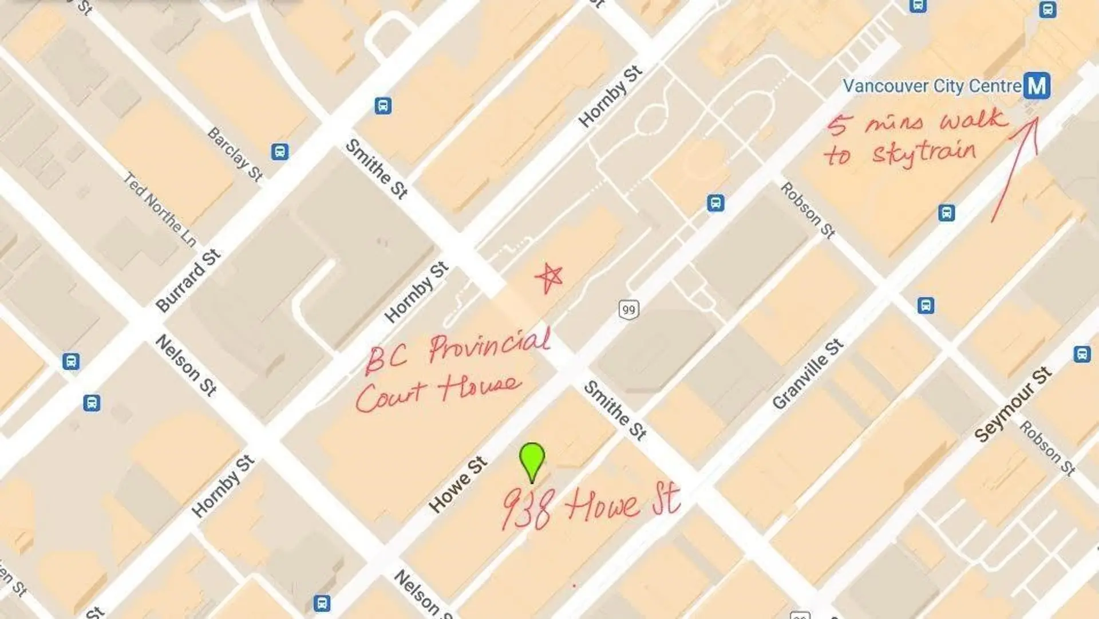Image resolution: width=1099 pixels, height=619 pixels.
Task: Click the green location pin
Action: (x=532, y=459)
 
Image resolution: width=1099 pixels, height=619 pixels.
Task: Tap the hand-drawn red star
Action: (x=549, y=278)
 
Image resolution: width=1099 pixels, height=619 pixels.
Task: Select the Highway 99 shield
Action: (x=628, y=310)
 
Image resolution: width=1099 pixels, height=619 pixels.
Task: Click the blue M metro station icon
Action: (x=1037, y=86)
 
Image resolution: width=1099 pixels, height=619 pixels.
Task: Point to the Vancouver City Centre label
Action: (x=932, y=86)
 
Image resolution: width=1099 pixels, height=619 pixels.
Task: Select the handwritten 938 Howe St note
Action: (x=591, y=506)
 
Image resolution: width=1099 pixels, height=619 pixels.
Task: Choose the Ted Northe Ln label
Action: (x=160, y=210)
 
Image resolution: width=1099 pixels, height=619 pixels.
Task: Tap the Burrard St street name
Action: (x=188, y=281)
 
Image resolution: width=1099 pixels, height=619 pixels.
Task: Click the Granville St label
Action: (x=807, y=374)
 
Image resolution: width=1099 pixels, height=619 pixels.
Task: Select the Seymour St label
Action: (x=1013, y=404)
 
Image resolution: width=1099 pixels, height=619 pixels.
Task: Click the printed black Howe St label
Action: (x=457, y=484)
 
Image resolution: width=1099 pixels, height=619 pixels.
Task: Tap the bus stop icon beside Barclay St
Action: (x=279, y=152)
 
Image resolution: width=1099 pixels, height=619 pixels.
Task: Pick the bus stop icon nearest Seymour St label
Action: (x=1081, y=354)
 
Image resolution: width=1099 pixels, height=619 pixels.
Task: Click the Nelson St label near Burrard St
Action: (x=186, y=365)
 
